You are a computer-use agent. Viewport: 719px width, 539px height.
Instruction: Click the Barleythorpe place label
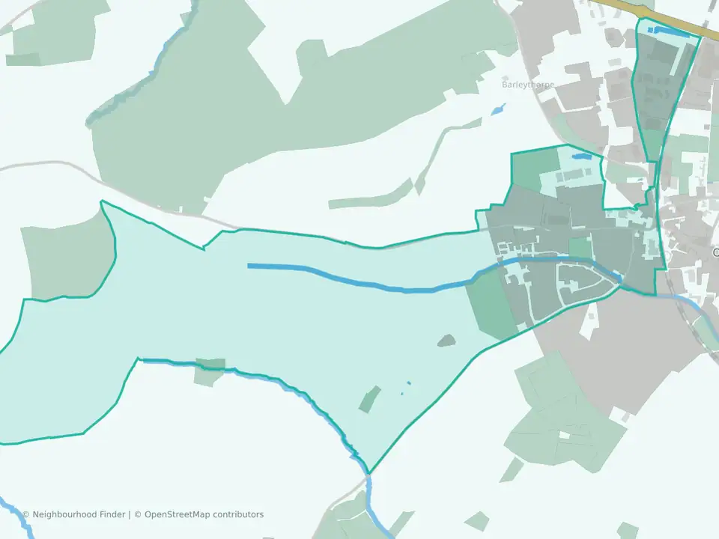click(528, 85)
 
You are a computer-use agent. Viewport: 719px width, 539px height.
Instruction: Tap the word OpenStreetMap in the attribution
click(178, 514)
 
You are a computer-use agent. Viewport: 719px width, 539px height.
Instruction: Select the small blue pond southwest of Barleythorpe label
click(498, 109)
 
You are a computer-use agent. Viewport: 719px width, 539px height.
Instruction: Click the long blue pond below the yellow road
click(670, 31)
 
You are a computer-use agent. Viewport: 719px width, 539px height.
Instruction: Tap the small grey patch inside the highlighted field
click(446, 341)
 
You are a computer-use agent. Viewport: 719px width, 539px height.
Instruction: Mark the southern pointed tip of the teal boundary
click(369, 473)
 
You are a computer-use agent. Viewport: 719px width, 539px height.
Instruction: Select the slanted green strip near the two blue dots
click(369, 399)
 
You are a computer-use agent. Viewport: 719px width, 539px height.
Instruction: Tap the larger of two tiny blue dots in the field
click(409, 384)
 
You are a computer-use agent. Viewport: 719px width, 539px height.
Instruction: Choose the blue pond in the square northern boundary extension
click(580, 157)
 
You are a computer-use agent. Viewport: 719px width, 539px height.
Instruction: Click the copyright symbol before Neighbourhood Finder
click(25, 514)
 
